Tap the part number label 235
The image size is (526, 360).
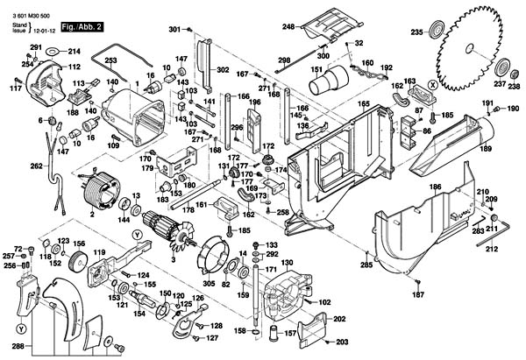(x=416, y=33)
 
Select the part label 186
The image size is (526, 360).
(x=434, y=187)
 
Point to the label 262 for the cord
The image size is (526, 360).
(x=36, y=166)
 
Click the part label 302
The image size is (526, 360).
(x=223, y=69)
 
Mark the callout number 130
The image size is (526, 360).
(x=288, y=263)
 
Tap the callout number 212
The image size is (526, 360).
(x=492, y=249)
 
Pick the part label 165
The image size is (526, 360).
(x=362, y=103)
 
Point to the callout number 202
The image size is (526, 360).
(x=339, y=321)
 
